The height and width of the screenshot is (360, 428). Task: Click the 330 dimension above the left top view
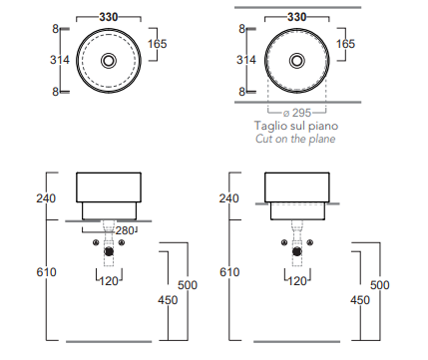click(x=109, y=17)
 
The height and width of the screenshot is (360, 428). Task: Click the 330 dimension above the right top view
click(x=296, y=17)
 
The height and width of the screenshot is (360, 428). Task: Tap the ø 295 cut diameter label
click(x=297, y=113)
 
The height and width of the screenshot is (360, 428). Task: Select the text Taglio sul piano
click(x=296, y=126)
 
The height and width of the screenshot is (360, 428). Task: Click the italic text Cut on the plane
click(x=295, y=139)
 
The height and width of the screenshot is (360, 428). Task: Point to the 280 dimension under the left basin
click(x=125, y=230)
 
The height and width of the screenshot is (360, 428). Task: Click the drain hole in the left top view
click(x=109, y=61)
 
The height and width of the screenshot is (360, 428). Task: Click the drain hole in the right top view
click(x=296, y=61)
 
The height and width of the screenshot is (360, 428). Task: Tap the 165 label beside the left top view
click(x=157, y=44)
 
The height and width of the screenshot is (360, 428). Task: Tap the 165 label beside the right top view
click(x=345, y=44)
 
